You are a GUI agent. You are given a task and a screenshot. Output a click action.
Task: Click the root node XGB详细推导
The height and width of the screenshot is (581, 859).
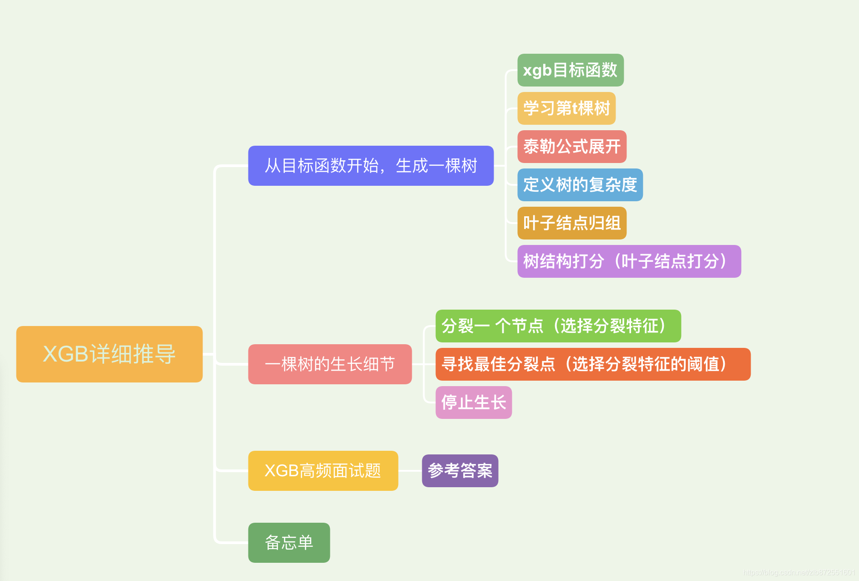coord(109,354)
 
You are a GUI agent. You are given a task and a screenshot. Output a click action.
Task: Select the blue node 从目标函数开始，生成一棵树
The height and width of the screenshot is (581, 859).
coord(371,166)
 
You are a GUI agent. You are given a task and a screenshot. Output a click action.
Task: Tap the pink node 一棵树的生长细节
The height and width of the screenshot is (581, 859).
coord(330,364)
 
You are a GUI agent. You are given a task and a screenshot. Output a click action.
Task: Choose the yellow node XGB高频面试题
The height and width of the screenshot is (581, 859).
coord(323,471)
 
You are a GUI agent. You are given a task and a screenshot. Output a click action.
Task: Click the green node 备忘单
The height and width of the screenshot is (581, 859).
coord(289,543)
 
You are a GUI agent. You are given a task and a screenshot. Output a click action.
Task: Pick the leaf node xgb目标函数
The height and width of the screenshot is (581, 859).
coord(571,70)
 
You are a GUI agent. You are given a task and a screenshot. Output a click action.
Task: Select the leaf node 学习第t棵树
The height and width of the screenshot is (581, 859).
coord(566,108)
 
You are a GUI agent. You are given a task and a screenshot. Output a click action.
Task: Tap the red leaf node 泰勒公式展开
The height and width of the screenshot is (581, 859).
coord(572,147)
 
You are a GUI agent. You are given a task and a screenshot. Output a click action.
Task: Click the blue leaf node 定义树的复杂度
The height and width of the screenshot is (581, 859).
coord(580,185)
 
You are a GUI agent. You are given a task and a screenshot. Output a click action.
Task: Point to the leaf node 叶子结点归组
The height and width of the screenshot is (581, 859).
coord(572,223)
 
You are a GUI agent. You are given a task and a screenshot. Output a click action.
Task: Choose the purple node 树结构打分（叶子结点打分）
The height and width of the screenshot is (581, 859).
coord(629,261)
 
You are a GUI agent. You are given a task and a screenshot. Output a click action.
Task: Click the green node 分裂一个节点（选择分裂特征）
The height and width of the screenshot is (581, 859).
coord(558,326)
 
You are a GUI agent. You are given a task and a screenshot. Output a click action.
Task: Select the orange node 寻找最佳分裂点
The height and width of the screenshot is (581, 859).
coord(593,364)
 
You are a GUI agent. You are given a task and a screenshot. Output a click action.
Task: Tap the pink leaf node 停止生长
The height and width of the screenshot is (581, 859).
coord(474,403)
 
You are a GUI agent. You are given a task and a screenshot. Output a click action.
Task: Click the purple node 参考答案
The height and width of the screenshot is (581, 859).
coord(460,471)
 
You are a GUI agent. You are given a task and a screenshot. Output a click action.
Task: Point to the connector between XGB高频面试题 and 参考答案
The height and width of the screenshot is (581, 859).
coord(410,471)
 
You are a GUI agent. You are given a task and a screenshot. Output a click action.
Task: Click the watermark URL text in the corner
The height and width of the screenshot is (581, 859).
coord(799,572)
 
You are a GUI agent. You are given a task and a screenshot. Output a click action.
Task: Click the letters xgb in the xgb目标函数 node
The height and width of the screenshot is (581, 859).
coord(537,71)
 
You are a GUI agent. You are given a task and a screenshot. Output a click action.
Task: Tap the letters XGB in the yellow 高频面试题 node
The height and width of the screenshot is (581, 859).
coord(282,471)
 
